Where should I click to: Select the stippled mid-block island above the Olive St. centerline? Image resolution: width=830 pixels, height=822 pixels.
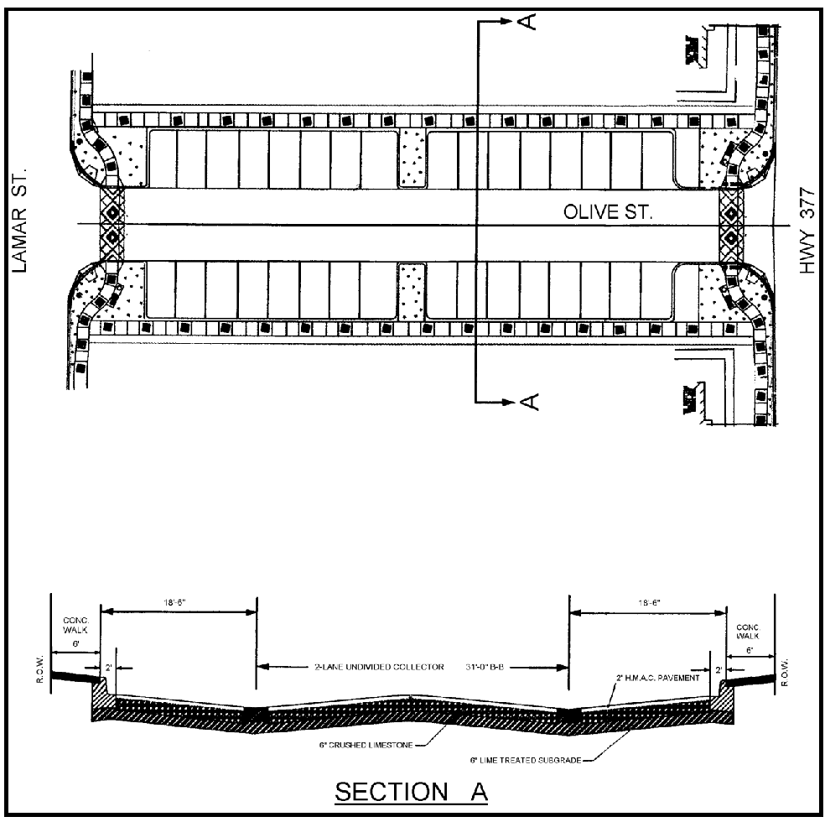411,158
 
